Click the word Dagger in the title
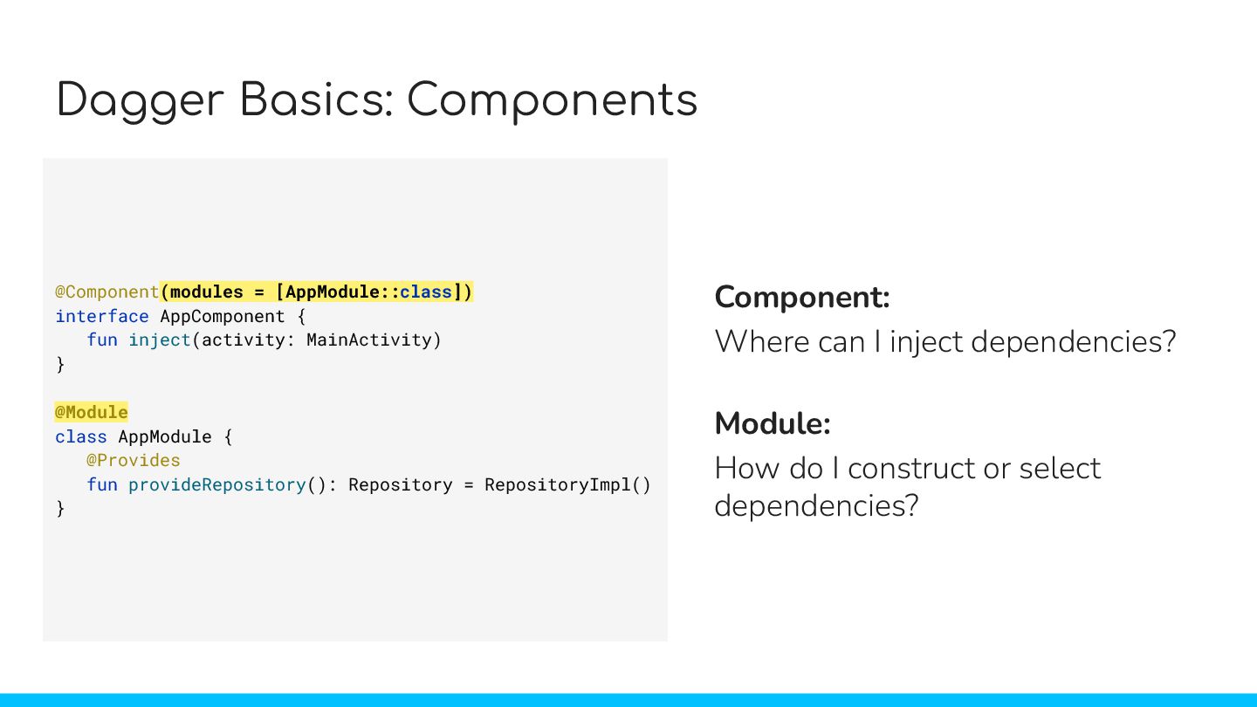point(141,102)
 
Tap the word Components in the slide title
point(553,102)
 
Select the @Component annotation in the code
point(106,292)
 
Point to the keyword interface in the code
point(101,316)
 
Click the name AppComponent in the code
point(222,316)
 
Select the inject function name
point(160,340)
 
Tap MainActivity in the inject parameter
point(374,340)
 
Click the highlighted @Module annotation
point(91,412)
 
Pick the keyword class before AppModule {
point(80,436)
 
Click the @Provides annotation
point(133,460)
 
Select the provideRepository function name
point(216,484)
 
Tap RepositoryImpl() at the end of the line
point(567,484)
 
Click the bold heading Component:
point(802,298)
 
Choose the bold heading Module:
point(772,424)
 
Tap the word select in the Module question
point(1059,469)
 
